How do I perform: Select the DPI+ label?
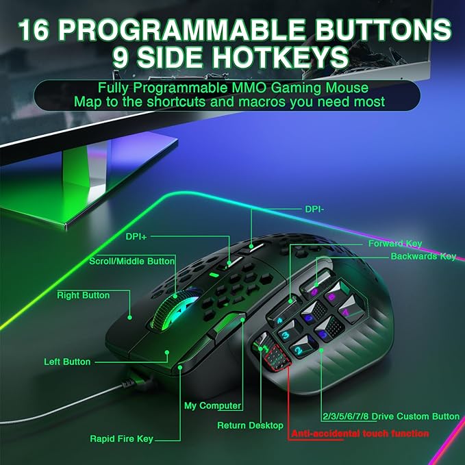pos(136,236)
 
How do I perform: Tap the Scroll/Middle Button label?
pos(132,261)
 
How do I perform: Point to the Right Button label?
pos(83,295)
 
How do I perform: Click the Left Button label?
pos(67,362)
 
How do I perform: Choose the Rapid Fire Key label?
pos(122,439)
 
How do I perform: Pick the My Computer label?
pos(212,405)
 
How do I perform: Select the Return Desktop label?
pos(250,425)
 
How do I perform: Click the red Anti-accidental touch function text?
pos(360,433)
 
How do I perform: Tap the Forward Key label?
pos(395,243)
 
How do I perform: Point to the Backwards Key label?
pos(423,256)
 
